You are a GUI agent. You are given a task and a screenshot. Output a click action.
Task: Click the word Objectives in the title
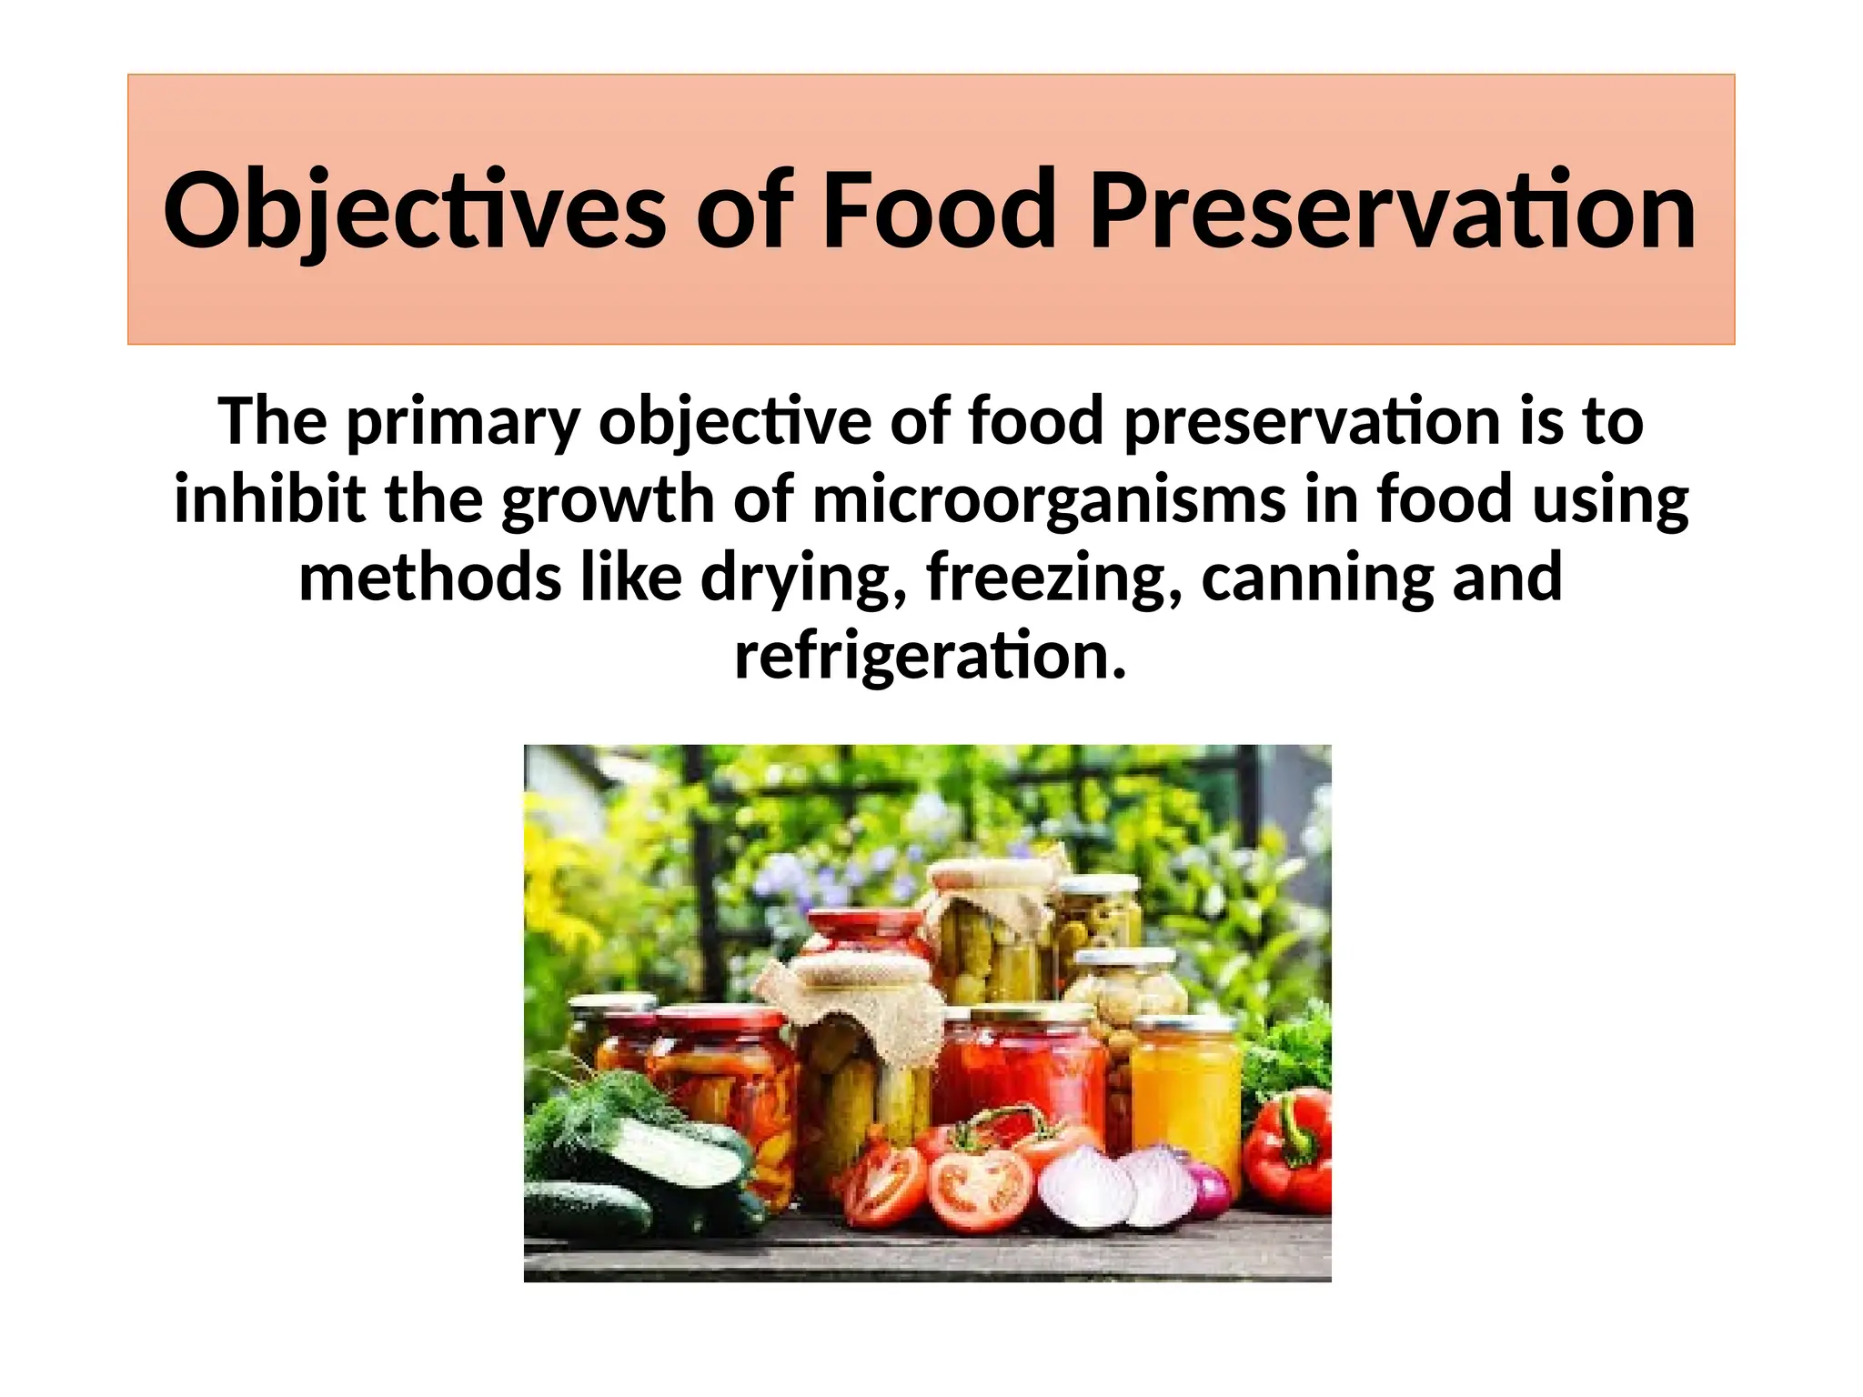414,211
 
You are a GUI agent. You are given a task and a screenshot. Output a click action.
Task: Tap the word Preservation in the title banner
1392,211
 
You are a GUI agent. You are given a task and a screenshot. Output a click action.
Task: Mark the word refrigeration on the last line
930,657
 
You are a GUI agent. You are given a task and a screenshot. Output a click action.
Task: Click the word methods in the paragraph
430,578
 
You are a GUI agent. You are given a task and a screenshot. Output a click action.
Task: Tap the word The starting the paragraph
272,422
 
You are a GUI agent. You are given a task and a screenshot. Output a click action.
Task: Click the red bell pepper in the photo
1290,1155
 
